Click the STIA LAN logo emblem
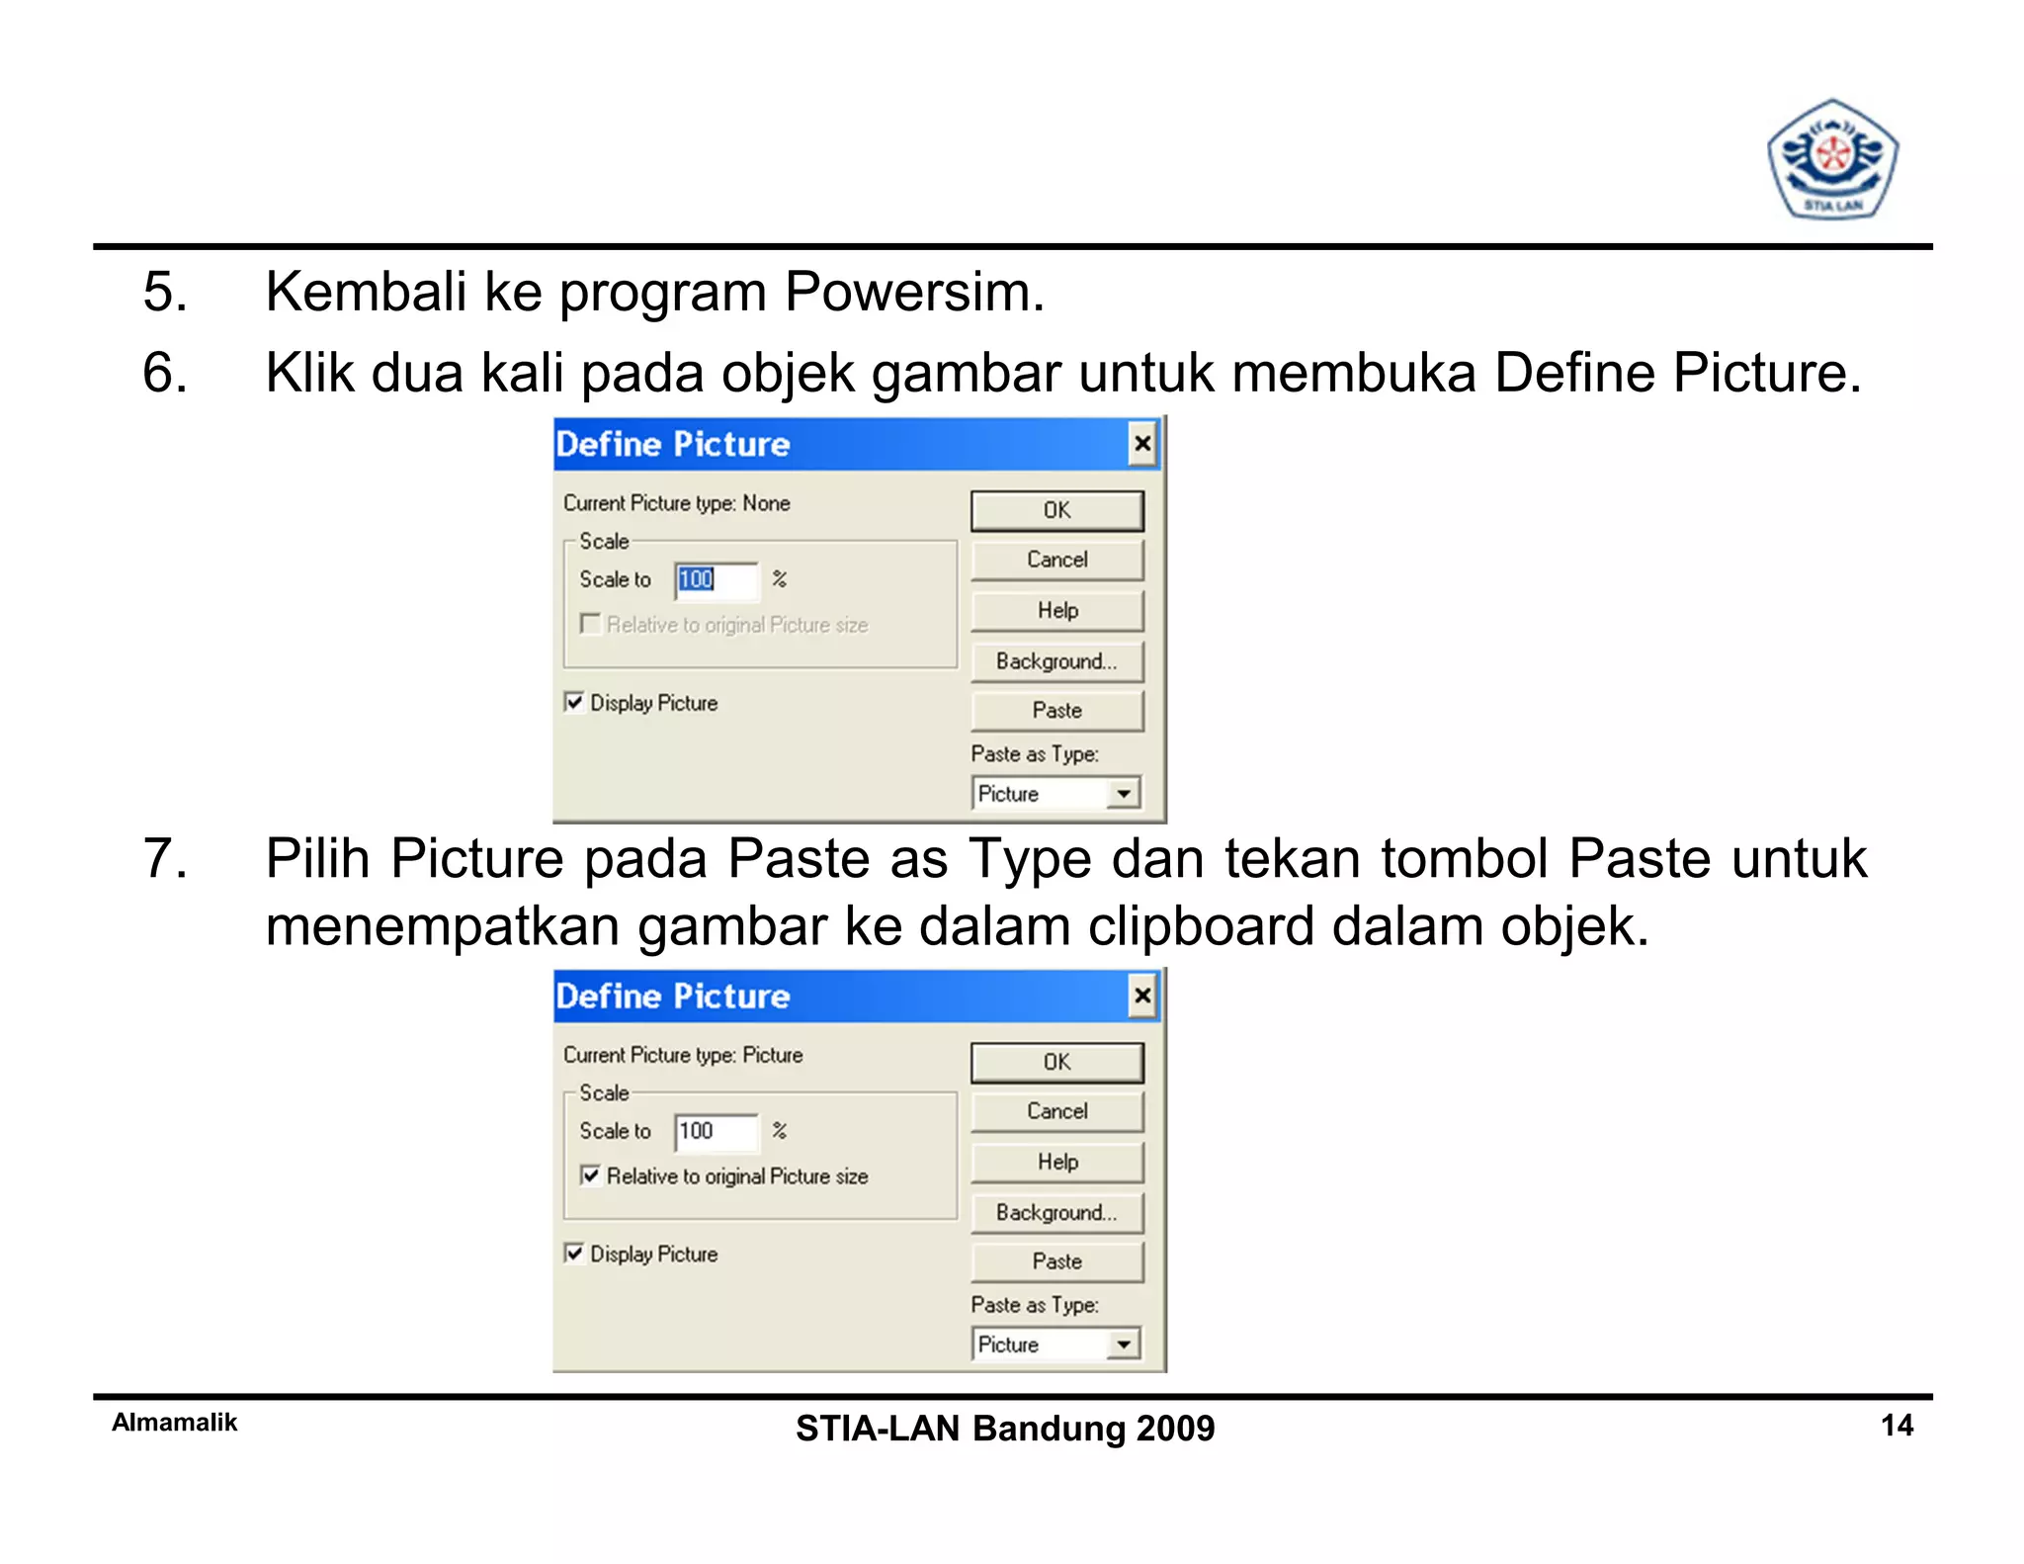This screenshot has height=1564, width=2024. coord(1831,160)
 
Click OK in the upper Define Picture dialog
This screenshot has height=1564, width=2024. coord(1056,510)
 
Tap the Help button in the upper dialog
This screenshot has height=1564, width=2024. coord(1056,610)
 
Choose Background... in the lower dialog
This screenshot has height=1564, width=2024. coord(1056,1213)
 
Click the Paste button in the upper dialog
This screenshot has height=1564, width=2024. coord(1056,710)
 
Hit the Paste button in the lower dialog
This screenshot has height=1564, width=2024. coord(1056,1261)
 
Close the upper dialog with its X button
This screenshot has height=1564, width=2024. coord(1141,444)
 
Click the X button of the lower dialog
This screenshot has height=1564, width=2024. coord(1141,996)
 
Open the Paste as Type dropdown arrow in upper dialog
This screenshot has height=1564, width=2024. coord(1123,794)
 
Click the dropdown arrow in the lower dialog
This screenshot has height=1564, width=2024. coord(1123,1345)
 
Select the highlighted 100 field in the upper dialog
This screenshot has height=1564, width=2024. coord(716,579)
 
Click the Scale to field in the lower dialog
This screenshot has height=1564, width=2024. coord(716,1131)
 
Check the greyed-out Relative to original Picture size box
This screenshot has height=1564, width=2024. coord(590,624)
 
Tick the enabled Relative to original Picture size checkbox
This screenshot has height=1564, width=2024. coord(590,1175)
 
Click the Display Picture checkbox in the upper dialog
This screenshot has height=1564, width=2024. coord(573,702)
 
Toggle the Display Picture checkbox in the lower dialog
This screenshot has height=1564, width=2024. coord(573,1254)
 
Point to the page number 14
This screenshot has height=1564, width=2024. coord(1897,1425)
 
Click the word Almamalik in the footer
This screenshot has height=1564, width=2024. coord(174,1423)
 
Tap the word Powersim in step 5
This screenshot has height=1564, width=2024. coord(913,293)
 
